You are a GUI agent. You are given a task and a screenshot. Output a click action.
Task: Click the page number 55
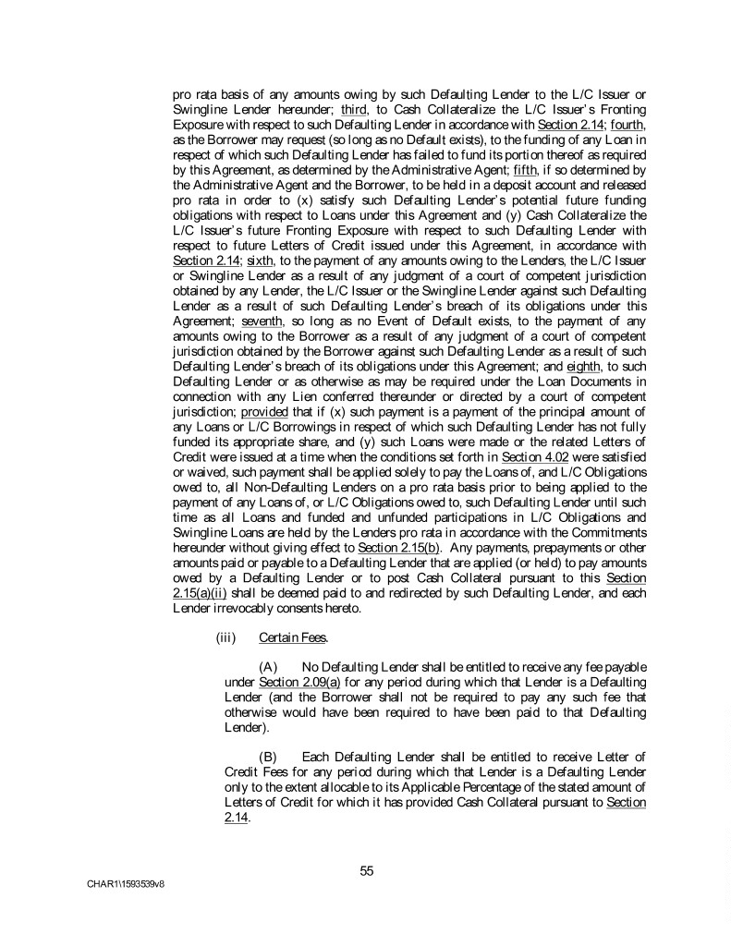(x=367, y=869)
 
